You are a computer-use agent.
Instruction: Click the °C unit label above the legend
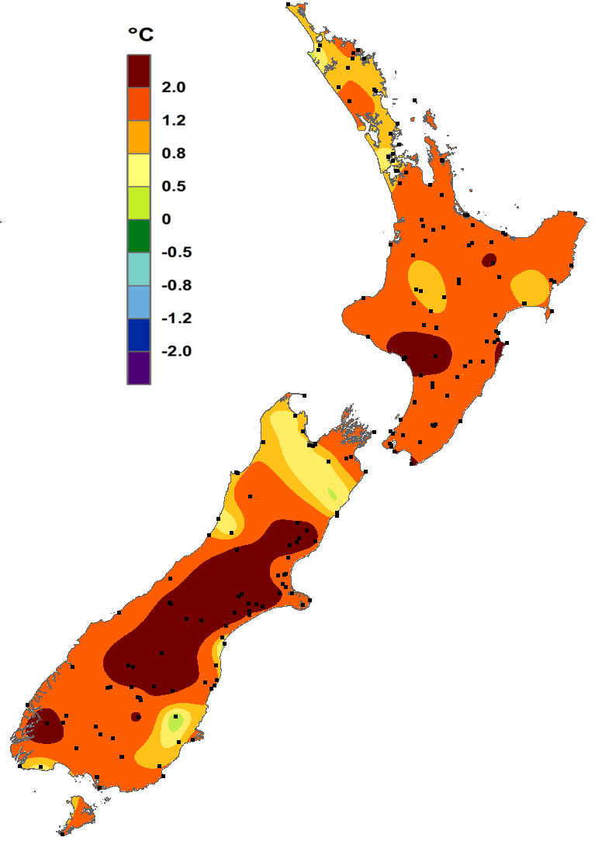(x=140, y=35)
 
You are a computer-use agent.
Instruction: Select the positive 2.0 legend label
(x=173, y=88)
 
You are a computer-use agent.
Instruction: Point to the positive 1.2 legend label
(x=173, y=121)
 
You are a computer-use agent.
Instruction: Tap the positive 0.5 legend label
(x=173, y=186)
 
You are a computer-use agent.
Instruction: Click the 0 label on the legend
(x=166, y=219)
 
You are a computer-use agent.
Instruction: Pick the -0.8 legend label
(x=175, y=285)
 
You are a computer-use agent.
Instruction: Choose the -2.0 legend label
(x=175, y=351)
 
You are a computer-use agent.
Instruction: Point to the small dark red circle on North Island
(x=489, y=260)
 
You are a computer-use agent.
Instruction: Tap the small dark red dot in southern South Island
(x=136, y=716)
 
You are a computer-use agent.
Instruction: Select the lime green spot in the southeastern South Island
(x=176, y=723)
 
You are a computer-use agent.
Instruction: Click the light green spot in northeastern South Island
(x=332, y=494)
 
